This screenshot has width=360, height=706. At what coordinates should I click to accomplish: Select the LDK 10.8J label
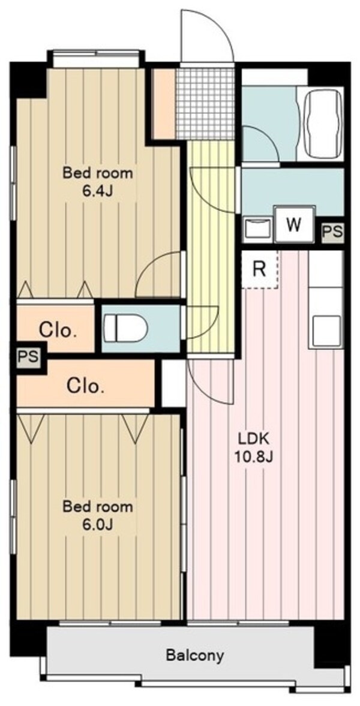tap(253, 447)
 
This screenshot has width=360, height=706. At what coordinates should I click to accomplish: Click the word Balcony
tap(194, 655)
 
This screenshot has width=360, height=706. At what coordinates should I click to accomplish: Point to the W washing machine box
tap(295, 224)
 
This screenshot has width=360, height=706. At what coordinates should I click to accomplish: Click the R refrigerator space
tap(260, 269)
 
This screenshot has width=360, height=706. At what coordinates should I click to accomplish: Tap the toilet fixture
tap(125, 328)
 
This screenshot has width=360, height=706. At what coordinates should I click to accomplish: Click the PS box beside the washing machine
tap(332, 232)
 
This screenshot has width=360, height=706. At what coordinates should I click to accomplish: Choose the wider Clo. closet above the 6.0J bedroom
tap(86, 385)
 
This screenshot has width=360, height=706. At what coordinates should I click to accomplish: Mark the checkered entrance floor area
tap(205, 104)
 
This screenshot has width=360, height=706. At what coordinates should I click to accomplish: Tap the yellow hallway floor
tap(211, 248)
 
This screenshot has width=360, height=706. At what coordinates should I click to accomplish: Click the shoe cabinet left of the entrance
tap(164, 104)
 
